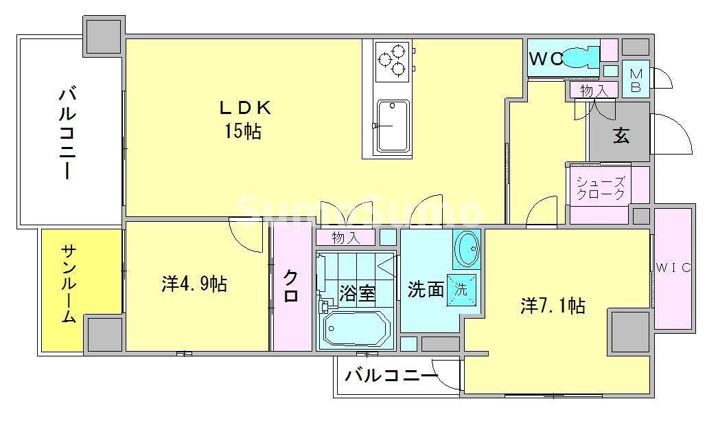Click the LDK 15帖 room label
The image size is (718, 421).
click(245, 119)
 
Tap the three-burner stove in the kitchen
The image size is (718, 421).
click(391, 58)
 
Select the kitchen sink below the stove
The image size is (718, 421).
click(392, 126)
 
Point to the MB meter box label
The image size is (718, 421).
click(636, 79)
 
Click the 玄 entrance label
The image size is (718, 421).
click(621, 135)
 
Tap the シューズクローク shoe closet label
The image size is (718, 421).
click(600, 188)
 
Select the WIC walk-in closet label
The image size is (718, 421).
click(672, 267)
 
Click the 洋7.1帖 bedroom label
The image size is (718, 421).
click(552, 305)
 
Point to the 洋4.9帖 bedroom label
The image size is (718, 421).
click(194, 283)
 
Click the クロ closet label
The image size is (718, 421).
click(291, 286)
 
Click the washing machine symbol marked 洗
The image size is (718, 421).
click(461, 289)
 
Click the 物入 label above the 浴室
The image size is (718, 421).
click(345, 238)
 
